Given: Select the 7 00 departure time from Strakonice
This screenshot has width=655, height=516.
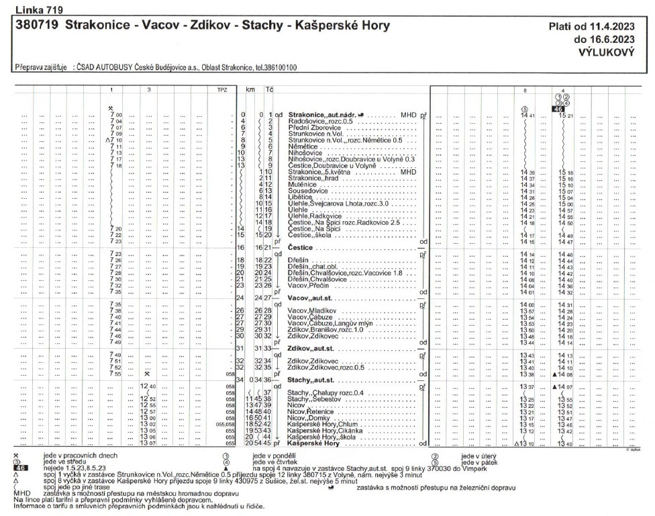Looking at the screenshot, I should click(115, 115).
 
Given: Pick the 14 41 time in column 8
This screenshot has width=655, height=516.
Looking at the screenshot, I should click(526, 115).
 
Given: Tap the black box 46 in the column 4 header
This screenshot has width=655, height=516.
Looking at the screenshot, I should click(558, 109).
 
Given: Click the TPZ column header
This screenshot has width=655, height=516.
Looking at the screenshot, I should click(214, 89).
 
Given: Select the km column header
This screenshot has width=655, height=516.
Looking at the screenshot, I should click(250, 89).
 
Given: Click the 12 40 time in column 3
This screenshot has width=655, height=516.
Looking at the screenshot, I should click(148, 386).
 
